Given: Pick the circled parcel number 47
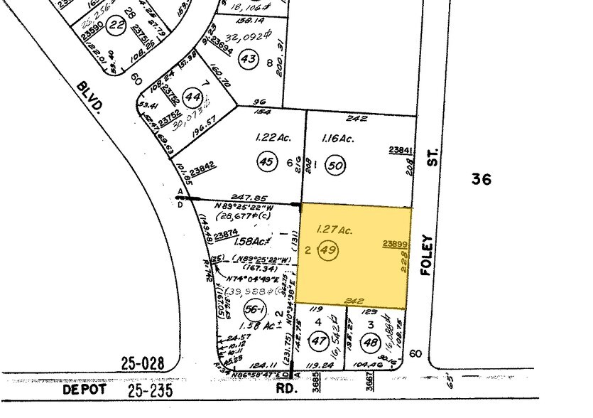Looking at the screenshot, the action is click(x=318, y=341).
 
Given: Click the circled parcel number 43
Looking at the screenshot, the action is click(x=248, y=58).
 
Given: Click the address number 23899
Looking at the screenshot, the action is click(x=395, y=244).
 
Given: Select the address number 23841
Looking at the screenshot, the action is click(x=401, y=150).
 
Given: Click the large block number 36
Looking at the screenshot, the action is click(x=482, y=179).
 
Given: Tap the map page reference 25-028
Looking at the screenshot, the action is click(x=138, y=364).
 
